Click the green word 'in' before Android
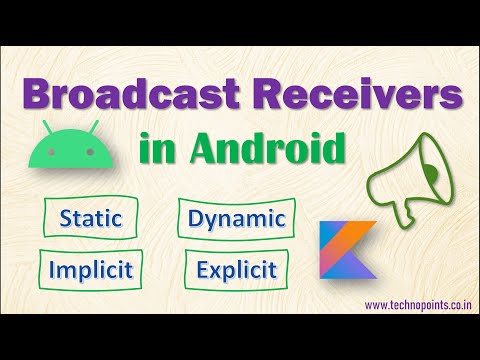coord(159,151)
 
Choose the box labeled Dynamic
coord(238,218)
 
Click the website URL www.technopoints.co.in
coord(417,304)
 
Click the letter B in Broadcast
coord(40,98)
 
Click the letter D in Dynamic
coord(195,218)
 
